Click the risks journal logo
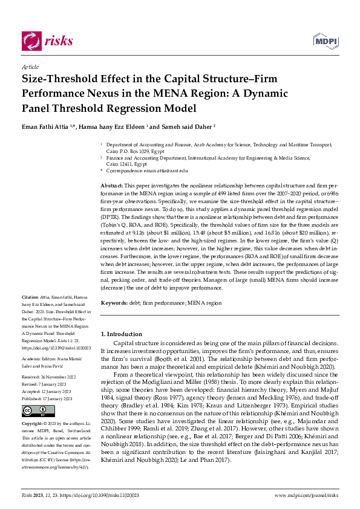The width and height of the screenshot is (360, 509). click(x=47, y=41)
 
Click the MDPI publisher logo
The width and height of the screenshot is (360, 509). click(x=325, y=41)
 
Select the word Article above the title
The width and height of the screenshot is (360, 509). click(x=30, y=67)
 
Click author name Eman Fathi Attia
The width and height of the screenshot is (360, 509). click(x=47, y=127)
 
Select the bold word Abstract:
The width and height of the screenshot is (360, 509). click(x=111, y=185)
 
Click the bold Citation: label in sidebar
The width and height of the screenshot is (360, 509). click(x=30, y=297)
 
